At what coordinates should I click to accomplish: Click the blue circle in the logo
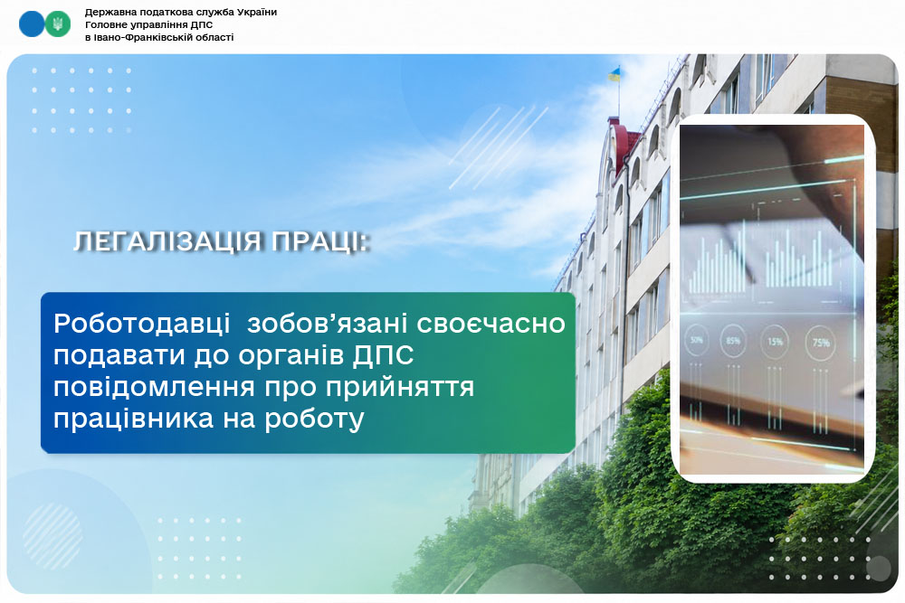(32, 24)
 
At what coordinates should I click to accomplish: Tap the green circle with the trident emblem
(58, 24)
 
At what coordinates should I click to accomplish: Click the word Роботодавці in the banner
(142, 324)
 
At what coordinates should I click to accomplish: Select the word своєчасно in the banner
(491, 324)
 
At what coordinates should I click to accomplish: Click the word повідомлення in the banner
(156, 387)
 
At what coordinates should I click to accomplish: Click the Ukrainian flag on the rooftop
(614, 74)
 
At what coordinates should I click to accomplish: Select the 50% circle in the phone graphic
(697, 341)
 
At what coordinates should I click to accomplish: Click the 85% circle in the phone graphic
(733, 341)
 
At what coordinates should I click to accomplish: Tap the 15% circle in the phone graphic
(775, 343)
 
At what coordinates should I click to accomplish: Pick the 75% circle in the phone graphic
(820, 344)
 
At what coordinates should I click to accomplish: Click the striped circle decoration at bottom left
(52, 536)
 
